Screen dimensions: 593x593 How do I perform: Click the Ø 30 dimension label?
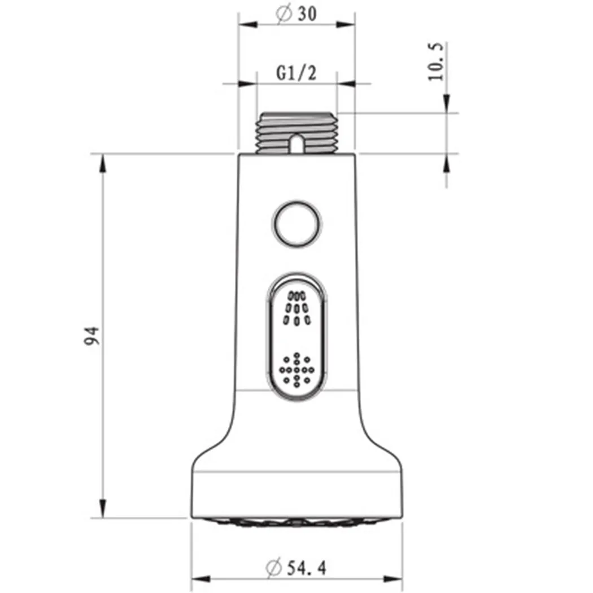tap(296, 14)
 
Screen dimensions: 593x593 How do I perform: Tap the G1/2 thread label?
tap(296, 73)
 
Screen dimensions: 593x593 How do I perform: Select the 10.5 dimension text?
tap(435, 61)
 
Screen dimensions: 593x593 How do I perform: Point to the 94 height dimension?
tap(91, 336)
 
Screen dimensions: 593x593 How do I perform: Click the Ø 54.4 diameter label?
tap(296, 567)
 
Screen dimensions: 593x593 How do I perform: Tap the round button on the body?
tap(297, 224)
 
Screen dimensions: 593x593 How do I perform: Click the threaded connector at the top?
tap(297, 133)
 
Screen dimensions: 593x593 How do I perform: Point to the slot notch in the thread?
tap(297, 143)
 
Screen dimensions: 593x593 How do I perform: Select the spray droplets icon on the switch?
tap(297, 308)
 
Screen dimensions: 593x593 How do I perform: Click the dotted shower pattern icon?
tap(297, 369)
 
